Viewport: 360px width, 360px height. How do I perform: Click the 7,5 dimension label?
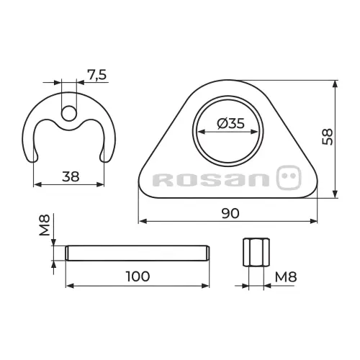pyautogui.click(x=96, y=75)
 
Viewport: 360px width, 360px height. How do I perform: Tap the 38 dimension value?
pyautogui.click(x=71, y=176)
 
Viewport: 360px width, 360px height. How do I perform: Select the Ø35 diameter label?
pyautogui.click(x=230, y=123)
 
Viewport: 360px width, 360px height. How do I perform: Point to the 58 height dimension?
pyautogui.click(x=328, y=137)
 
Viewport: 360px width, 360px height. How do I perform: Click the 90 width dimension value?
pyautogui.click(x=230, y=213)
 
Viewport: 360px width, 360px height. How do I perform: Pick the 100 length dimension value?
pyautogui.click(x=138, y=276)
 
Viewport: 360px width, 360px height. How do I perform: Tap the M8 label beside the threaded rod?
pyautogui.click(x=45, y=225)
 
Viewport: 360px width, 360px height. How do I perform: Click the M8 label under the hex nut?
pyautogui.click(x=286, y=277)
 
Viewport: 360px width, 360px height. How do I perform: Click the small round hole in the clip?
pyautogui.click(x=69, y=113)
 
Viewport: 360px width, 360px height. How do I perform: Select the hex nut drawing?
pyautogui.click(x=256, y=252)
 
